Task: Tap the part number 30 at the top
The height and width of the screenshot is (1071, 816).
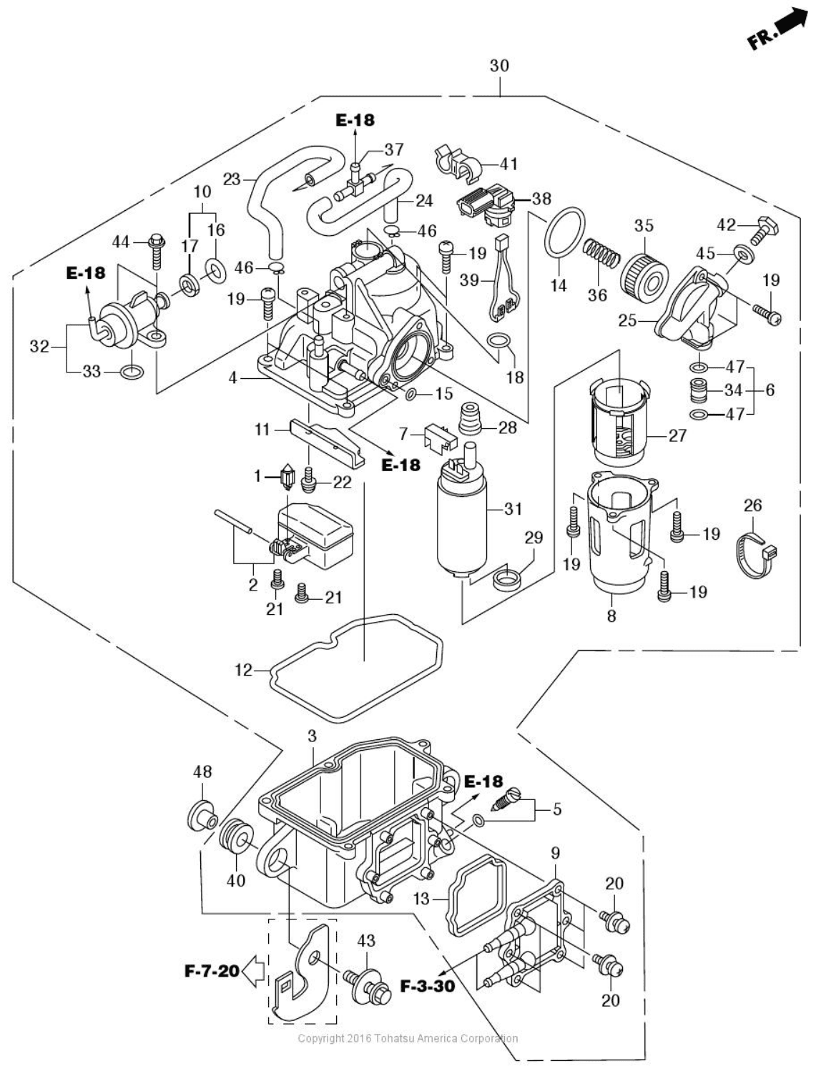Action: click(499, 66)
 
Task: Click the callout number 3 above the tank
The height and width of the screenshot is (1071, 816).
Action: click(312, 736)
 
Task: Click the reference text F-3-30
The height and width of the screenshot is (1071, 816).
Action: click(427, 987)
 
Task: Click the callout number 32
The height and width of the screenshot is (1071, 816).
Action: click(39, 347)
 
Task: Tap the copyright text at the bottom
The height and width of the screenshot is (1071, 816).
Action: click(408, 1038)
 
